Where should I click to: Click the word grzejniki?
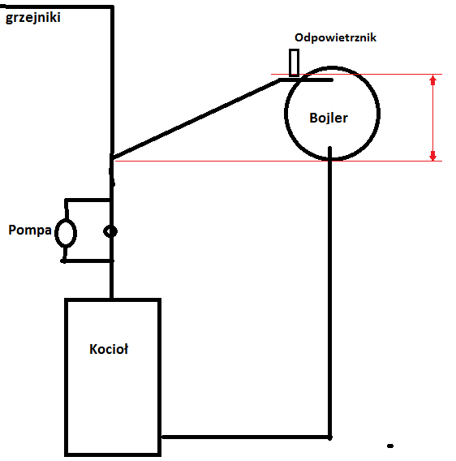pos(33,18)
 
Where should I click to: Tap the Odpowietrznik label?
pos(335,37)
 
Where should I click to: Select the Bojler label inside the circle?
pos(329,118)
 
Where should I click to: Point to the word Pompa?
pos(30,230)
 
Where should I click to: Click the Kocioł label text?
pos(109,349)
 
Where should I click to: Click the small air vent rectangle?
pos(294,63)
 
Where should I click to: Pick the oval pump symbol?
pos(66,233)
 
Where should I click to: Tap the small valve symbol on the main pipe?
pos(110,231)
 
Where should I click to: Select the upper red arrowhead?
pos(432,80)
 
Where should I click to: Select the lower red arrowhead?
pos(432,156)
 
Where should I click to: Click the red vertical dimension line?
pos(432,118)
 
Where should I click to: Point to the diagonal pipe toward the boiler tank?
pos(196,118)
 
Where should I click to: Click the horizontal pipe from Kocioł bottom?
pos(246,437)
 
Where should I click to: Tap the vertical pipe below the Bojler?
pos(330,292)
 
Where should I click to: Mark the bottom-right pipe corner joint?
pos(330,437)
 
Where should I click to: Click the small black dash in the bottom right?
pos(390,446)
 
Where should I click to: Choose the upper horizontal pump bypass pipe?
pos(88,200)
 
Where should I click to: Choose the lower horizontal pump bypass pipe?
pos(88,261)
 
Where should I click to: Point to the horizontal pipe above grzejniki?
pos(57,6)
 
